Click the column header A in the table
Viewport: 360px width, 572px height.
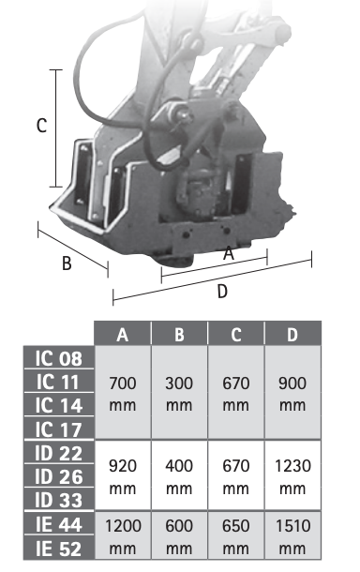pyautogui.click(x=123, y=334)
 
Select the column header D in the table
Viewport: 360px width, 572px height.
pyautogui.click(x=292, y=334)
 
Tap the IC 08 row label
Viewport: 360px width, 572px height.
pyautogui.click(x=59, y=358)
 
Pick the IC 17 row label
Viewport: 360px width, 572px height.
pyautogui.click(x=59, y=429)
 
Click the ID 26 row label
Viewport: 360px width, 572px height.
pyautogui.click(x=59, y=476)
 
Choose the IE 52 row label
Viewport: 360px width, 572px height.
pyautogui.click(x=59, y=548)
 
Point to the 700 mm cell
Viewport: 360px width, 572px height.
pyautogui.click(x=123, y=394)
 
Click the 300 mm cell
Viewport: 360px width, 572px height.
pyautogui.click(x=179, y=394)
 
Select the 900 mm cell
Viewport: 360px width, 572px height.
pyautogui.click(x=292, y=394)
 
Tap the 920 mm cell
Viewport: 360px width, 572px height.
pyautogui.click(x=123, y=476)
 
